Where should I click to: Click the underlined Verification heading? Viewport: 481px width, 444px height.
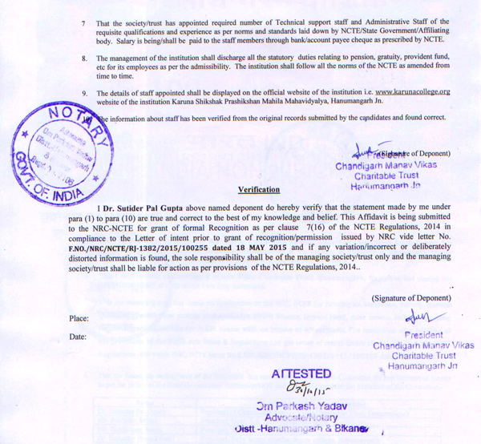(259, 190)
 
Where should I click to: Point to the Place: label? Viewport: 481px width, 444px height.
(79, 319)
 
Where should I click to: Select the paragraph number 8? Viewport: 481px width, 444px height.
(84, 59)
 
